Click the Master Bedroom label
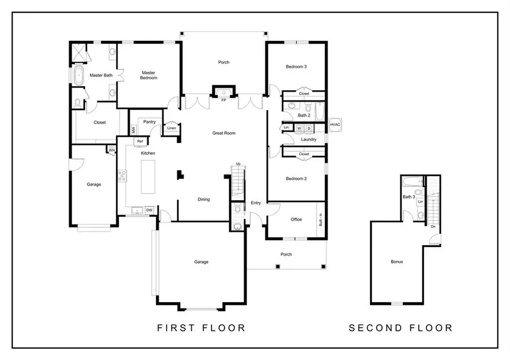coord(148,75)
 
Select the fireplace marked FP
coord(223,92)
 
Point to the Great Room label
coord(223,133)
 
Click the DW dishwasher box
coord(150,210)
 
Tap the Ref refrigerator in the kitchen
coord(139,141)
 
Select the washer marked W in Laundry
coord(299,128)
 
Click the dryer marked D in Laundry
coord(309,128)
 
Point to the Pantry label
coord(150,121)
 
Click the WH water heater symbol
coord(112,150)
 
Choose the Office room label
coord(296,219)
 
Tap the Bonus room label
coord(397,261)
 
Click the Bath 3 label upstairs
coord(409,197)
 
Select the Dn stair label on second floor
coord(433,227)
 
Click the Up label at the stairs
coord(238,164)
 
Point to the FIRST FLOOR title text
coord(201,328)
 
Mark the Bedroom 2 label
coord(296,179)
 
